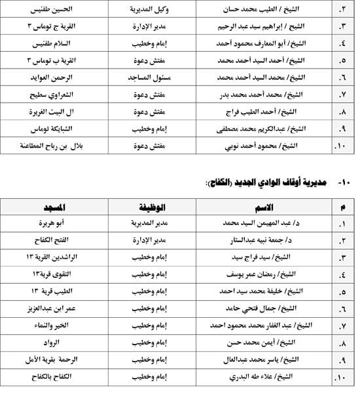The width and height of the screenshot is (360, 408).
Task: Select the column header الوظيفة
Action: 154,207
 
